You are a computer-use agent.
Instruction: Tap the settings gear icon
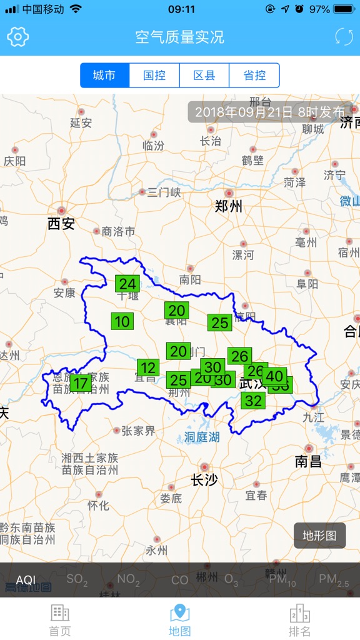click(x=18, y=37)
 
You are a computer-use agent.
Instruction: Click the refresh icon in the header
click(x=343, y=37)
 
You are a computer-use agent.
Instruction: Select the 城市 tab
click(x=104, y=76)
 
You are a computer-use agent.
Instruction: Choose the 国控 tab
click(x=154, y=76)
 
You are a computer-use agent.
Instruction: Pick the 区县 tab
click(x=204, y=76)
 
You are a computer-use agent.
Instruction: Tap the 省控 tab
click(x=254, y=76)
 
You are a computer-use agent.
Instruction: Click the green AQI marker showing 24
click(x=127, y=284)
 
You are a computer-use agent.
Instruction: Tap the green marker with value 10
click(x=122, y=321)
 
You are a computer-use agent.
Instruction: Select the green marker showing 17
click(x=81, y=383)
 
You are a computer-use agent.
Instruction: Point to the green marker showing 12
click(x=148, y=367)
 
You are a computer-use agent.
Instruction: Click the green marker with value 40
click(x=274, y=376)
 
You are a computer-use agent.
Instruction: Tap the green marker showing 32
click(x=253, y=401)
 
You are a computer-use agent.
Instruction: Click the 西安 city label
click(x=61, y=223)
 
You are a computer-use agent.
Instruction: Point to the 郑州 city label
click(x=228, y=206)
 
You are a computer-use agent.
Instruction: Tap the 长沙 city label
click(x=204, y=479)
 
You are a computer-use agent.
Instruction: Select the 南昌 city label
click(x=308, y=461)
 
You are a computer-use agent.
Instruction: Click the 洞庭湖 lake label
click(x=202, y=437)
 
